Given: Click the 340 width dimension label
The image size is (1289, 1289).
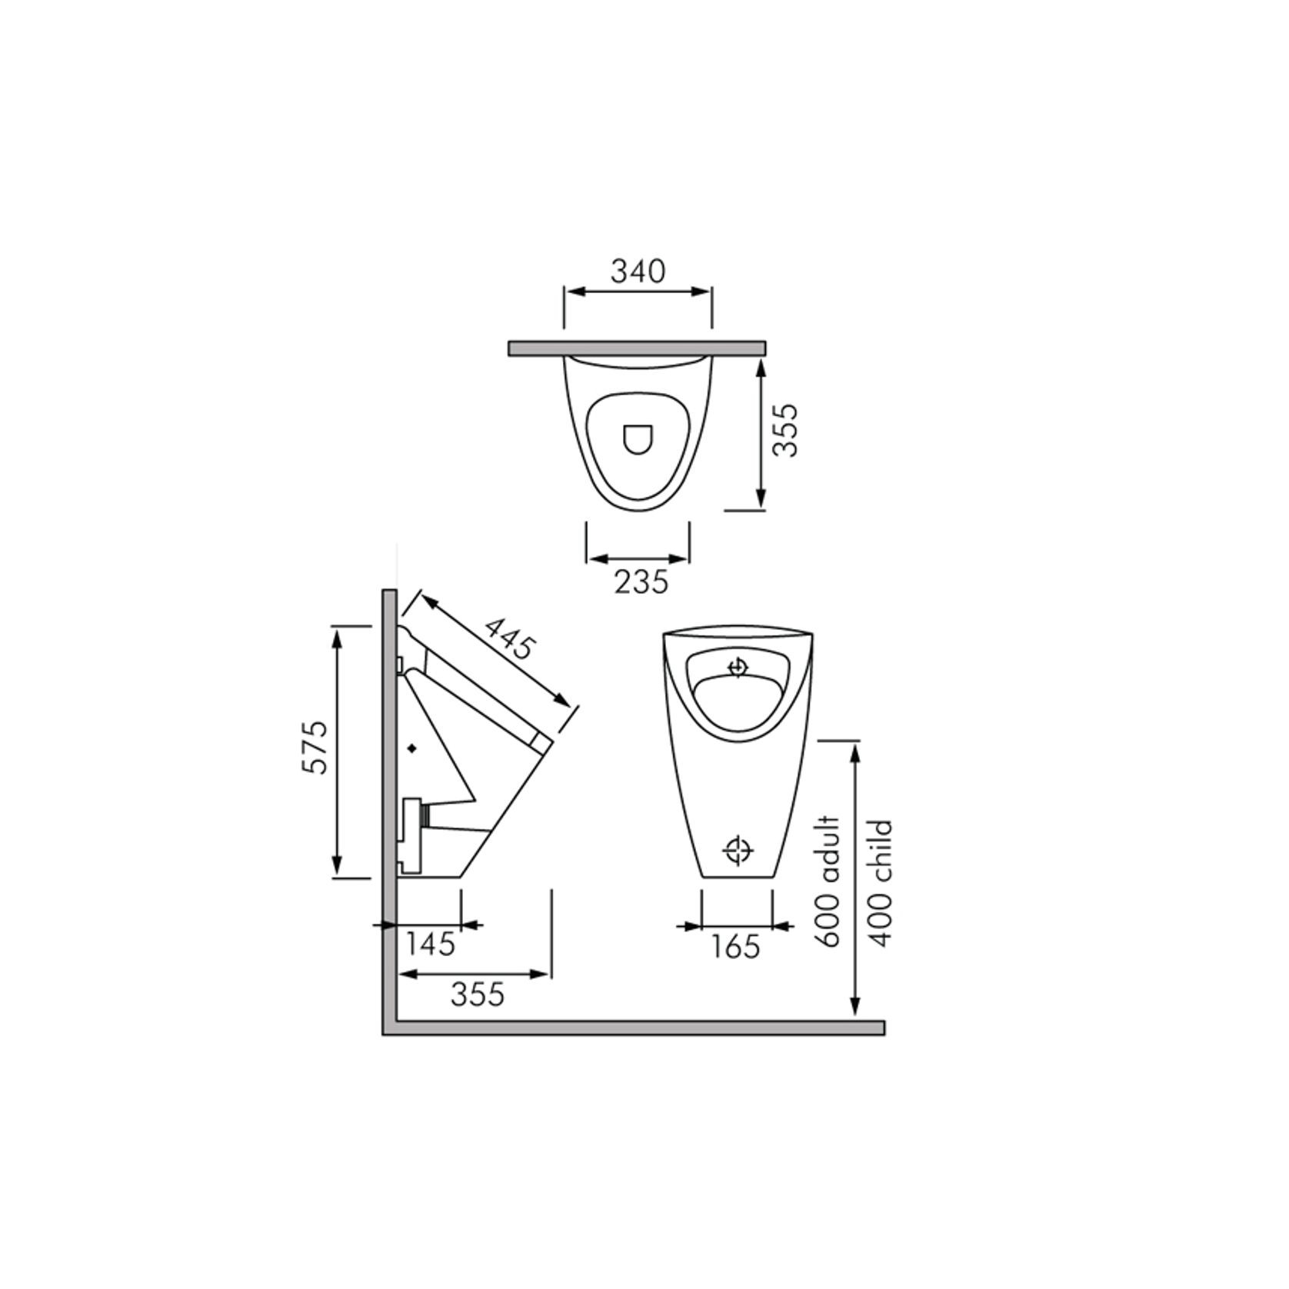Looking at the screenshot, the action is (x=638, y=271).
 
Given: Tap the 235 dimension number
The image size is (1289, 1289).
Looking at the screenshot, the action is (x=641, y=582).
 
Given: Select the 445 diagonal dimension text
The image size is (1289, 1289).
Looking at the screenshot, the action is (x=508, y=638).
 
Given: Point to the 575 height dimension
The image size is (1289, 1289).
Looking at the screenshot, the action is (x=315, y=747).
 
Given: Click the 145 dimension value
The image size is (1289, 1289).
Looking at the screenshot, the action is (x=431, y=944).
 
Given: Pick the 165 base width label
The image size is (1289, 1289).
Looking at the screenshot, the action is (x=734, y=947).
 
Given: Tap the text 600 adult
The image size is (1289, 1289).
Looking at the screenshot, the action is (x=831, y=881).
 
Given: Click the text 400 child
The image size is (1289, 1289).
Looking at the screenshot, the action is (x=881, y=883).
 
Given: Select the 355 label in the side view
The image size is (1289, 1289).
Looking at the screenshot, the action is (x=477, y=994).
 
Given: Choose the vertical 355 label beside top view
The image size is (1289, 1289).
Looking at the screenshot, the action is (x=786, y=431).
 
